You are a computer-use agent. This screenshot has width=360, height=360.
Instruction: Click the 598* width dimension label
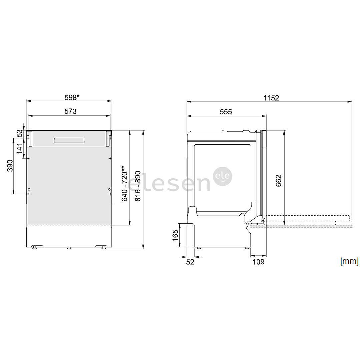(72, 98)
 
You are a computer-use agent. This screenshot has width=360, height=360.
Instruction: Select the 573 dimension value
(70, 111)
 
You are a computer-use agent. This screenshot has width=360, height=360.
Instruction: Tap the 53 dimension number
(20, 133)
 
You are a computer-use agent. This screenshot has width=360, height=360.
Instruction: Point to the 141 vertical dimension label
(19, 148)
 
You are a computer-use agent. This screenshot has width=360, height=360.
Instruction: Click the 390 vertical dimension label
(10, 166)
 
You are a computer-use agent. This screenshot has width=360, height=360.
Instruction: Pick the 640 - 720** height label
(124, 183)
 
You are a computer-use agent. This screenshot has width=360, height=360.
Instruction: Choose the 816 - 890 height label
(138, 186)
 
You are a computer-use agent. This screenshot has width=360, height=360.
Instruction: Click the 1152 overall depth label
(271, 98)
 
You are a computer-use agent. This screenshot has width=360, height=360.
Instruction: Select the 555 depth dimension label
(226, 112)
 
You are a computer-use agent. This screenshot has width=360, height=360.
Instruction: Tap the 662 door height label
(278, 181)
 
